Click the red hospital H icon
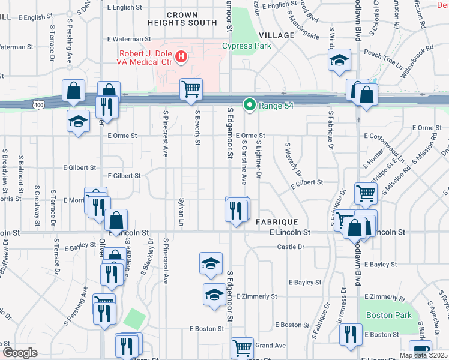pos(181,58)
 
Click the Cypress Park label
pos(246,46)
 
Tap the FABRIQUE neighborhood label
pos(273,221)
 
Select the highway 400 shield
pos(38,105)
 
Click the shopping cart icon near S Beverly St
pos(191,89)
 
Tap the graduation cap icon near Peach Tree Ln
pos(339,60)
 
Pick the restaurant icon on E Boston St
pos(351,334)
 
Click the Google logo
pos(20,353)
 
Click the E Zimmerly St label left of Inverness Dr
pos(256,296)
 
